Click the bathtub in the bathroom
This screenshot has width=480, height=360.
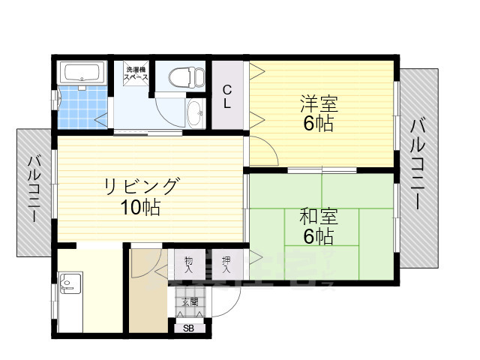[x=80, y=73]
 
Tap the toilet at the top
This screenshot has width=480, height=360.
[x=185, y=76]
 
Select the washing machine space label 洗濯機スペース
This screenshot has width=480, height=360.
[x=136, y=73]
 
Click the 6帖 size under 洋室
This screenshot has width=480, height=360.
[x=319, y=124]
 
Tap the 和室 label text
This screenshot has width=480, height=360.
[x=319, y=217]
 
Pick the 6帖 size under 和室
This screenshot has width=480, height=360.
[x=319, y=237]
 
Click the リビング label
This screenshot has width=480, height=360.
[x=142, y=185]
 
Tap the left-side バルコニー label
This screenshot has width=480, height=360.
[x=34, y=188]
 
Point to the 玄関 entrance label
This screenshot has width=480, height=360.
[x=189, y=302]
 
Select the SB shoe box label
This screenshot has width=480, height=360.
[x=188, y=328]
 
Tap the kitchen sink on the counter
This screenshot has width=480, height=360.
[x=66, y=286]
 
